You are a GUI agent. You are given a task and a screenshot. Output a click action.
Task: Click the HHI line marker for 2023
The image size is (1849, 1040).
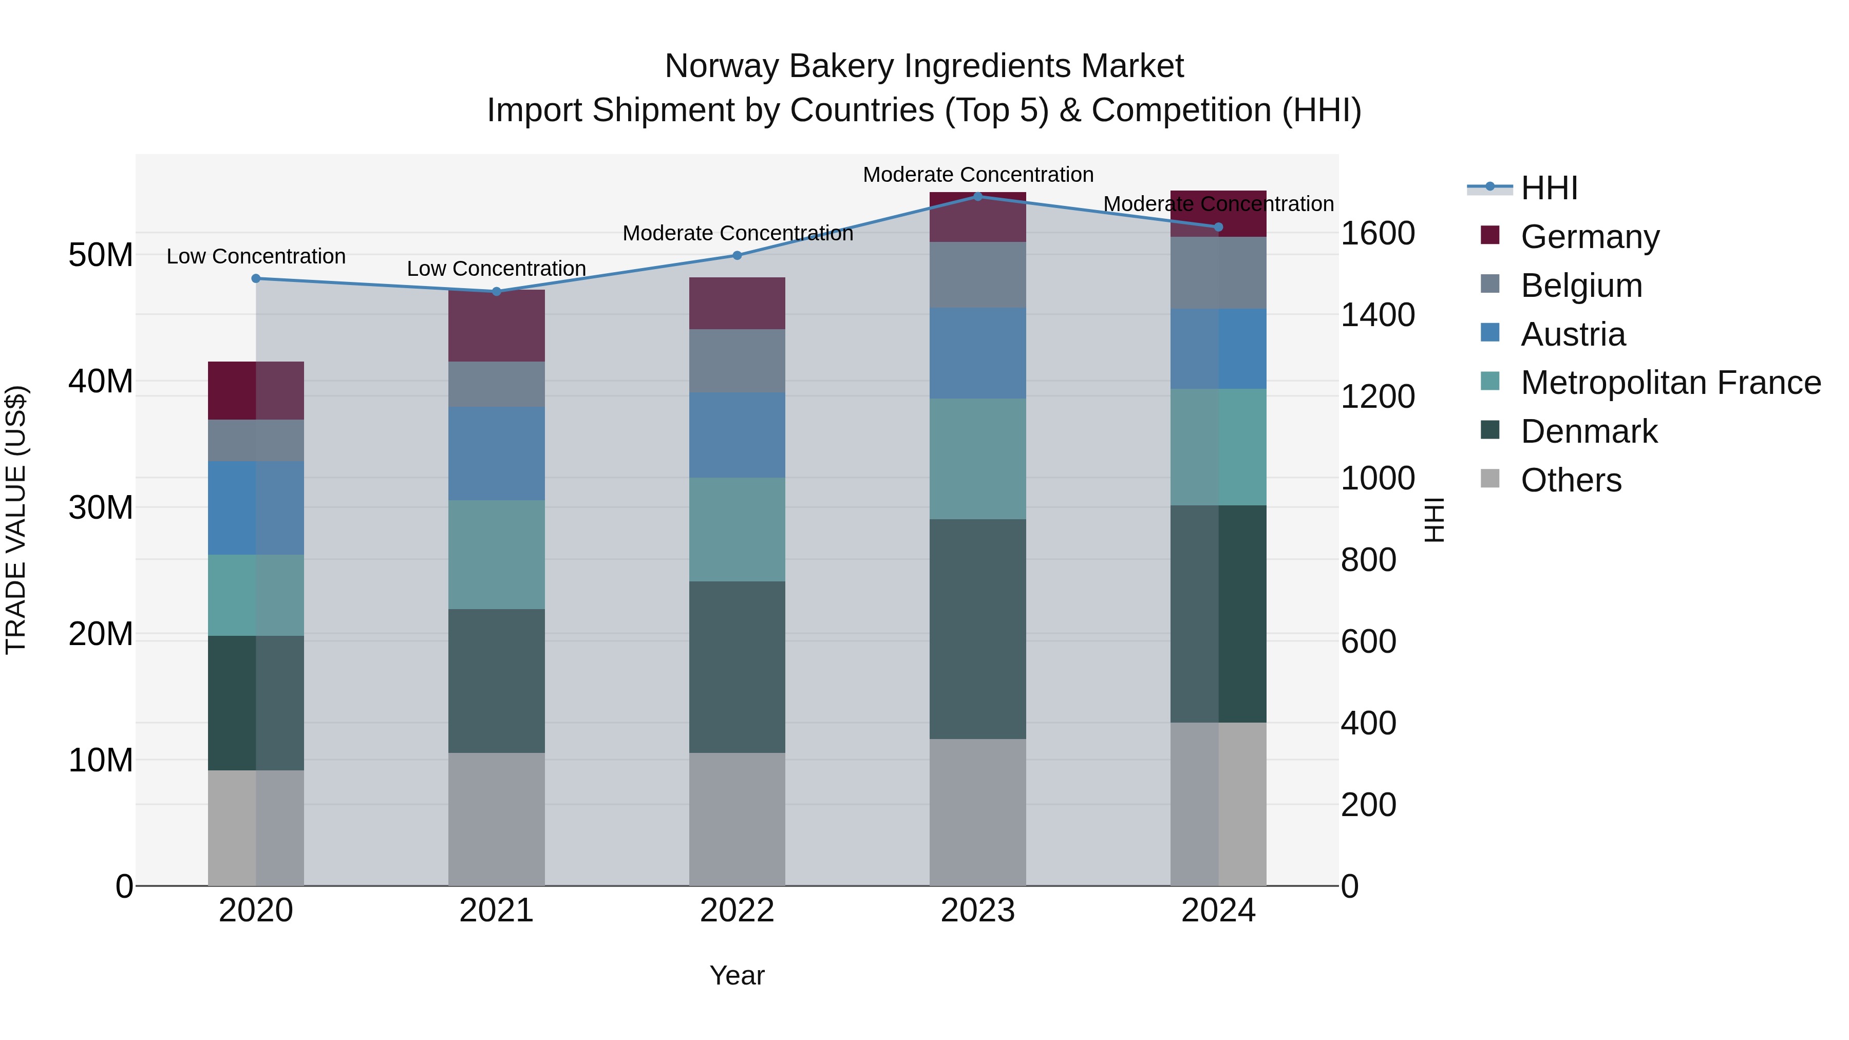[x=977, y=196]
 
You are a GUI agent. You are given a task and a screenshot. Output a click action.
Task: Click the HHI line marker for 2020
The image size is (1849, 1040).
[x=256, y=278]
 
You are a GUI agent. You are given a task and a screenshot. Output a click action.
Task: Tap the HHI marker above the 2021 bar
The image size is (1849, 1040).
[x=497, y=291]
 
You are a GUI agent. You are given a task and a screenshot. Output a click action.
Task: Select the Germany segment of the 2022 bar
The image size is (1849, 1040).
[x=737, y=304]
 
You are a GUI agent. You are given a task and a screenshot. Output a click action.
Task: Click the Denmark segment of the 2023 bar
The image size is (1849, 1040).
[x=977, y=629]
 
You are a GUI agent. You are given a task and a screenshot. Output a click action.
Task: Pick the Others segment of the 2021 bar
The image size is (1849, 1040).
[x=497, y=819]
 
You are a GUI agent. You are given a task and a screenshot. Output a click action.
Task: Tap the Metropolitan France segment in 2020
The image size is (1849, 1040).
[x=256, y=595]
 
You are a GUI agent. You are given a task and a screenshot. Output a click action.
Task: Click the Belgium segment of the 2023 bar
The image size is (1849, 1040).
[x=977, y=275]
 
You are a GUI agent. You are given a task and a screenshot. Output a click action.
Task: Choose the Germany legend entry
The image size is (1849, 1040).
[x=1590, y=237]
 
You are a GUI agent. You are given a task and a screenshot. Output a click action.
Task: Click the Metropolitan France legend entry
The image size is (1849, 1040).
[x=1670, y=383]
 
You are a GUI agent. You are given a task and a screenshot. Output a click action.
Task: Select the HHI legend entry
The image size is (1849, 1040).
[x=1549, y=188]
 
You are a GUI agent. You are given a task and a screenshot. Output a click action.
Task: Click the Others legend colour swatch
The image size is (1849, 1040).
[x=1490, y=479]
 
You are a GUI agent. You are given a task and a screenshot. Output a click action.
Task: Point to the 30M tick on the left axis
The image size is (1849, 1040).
[x=101, y=507]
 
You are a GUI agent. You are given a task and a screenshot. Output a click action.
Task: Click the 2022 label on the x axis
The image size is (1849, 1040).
[x=737, y=911]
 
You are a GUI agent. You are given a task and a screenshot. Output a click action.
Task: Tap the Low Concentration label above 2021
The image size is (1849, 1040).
[x=497, y=269]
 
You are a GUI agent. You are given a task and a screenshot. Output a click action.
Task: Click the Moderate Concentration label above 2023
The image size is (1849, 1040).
[x=977, y=175]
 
